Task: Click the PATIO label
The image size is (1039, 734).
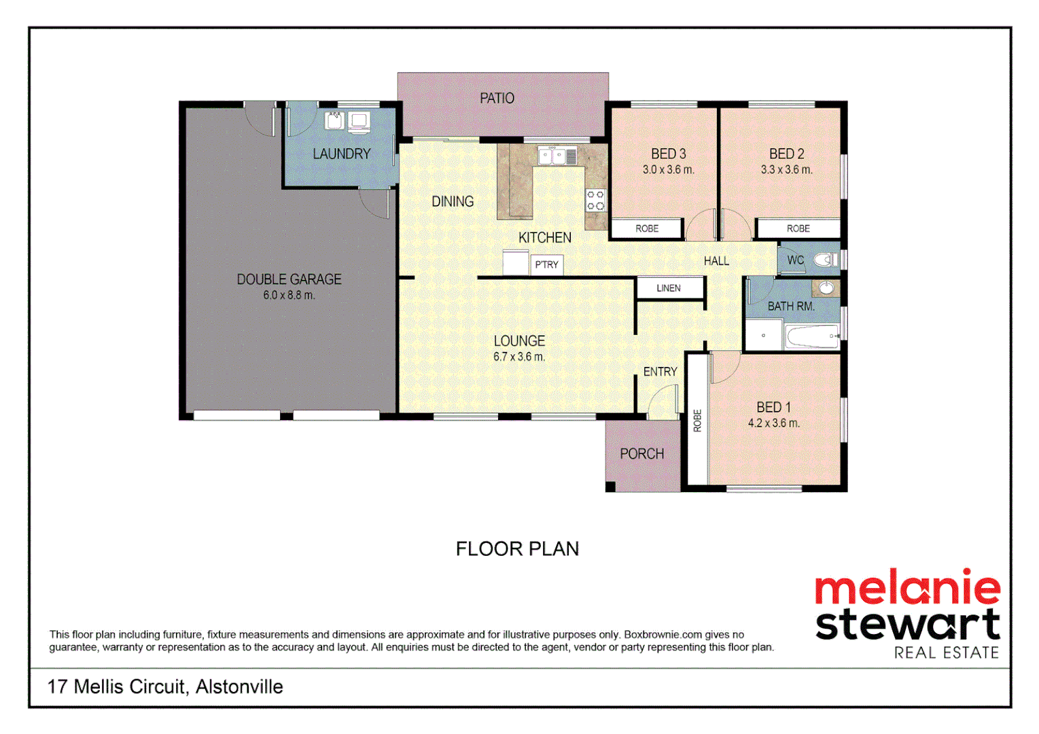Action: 497,99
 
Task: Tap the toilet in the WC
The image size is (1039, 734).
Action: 825,260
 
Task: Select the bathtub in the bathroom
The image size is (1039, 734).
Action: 811,336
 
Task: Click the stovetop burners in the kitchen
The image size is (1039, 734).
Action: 595,200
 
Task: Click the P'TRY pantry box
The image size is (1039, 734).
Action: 546,264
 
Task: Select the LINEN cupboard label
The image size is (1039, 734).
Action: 669,288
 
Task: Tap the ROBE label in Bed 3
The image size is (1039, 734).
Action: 647,229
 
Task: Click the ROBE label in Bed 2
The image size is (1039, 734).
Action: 798,229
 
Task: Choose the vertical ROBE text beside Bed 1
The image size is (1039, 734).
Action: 697,421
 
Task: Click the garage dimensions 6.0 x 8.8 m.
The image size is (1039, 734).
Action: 289,296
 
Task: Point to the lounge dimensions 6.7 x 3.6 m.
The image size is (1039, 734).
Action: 519,357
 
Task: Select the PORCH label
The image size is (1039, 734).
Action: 641,454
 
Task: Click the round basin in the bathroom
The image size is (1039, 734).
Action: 826,289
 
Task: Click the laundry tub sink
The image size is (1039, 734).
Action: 334,122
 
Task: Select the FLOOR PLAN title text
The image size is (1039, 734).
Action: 517,549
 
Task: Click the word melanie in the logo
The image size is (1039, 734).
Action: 907,589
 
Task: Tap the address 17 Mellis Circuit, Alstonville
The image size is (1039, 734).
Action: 165,687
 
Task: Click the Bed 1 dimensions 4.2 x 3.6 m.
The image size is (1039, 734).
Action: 773,423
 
